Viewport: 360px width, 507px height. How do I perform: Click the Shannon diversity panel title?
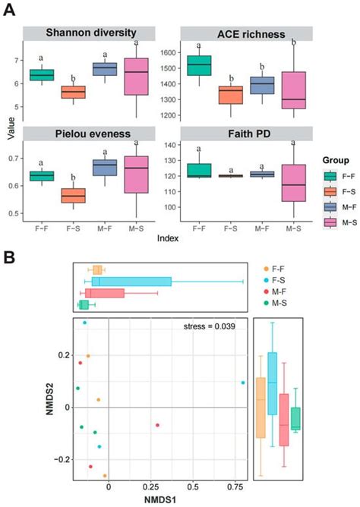pyautogui.click(x=90, y=33)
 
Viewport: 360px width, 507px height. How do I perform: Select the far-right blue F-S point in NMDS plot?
pyautogui.click(x=242, y=383)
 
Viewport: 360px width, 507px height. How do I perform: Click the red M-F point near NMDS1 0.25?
pyautogui.click(x=157, y=425)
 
